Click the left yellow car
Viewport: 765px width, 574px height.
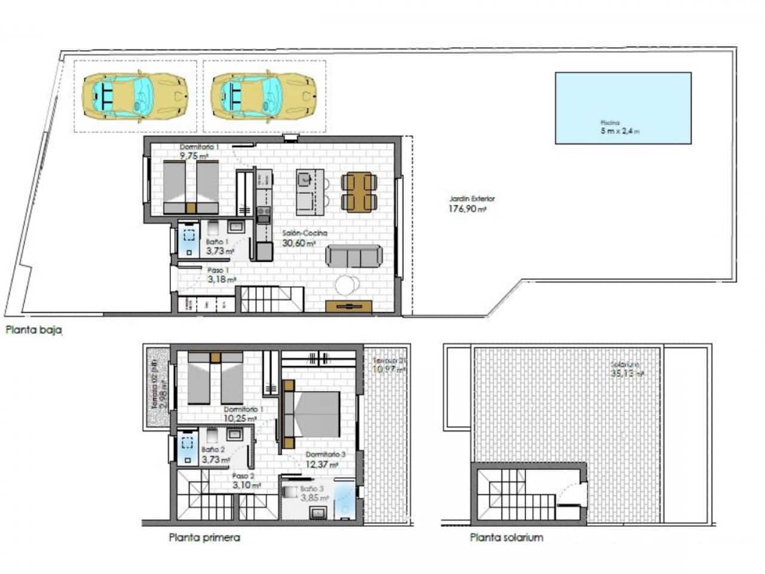pos(135,96)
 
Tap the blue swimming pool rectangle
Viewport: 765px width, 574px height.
pos(623,108)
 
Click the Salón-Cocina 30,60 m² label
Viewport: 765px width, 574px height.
pos(305,239)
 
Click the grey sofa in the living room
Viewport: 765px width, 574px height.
pos(354,256)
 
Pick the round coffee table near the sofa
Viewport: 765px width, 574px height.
pos(347,285)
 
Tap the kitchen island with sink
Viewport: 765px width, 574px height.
pos(310,191)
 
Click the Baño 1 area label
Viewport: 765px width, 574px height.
pos(219,247)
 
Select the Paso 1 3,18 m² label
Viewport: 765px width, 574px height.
pos(221,274)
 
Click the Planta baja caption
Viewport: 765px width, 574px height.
pos(34,329)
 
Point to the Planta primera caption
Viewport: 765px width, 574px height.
pos(204,538)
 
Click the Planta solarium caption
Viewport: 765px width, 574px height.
pos(506,538)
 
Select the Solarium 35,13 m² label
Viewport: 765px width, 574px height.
pos(626,370)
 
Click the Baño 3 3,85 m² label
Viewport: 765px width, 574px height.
pos(314,493)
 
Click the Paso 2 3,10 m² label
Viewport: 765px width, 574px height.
pos(246,481)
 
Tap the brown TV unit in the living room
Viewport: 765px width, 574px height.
pos(348,306)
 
